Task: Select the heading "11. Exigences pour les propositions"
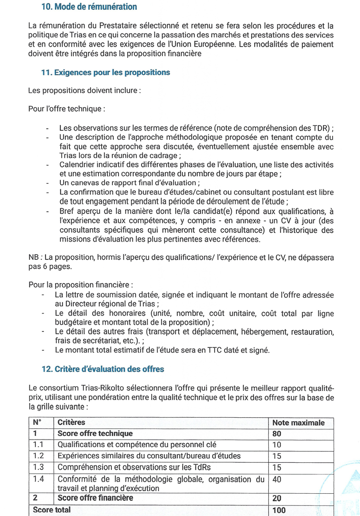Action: (105, 72)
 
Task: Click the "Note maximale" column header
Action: (298, 423)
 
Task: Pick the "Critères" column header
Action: (71, 423)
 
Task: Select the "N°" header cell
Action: (37, 423)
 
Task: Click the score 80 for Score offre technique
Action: (276, 434)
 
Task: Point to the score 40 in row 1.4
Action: (276, 479)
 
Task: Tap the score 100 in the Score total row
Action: (278, 510)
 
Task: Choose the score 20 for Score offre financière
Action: (276, 498)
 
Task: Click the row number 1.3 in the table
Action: (38, 467)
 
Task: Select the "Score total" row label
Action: (52, 510)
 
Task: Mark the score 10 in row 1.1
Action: (276, 445)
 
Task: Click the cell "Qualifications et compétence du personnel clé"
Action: (137, 445)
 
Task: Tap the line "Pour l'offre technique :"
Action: (67, 109)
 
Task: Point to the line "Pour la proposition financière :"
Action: (81, 285)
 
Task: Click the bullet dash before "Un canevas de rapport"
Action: (48, 183)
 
